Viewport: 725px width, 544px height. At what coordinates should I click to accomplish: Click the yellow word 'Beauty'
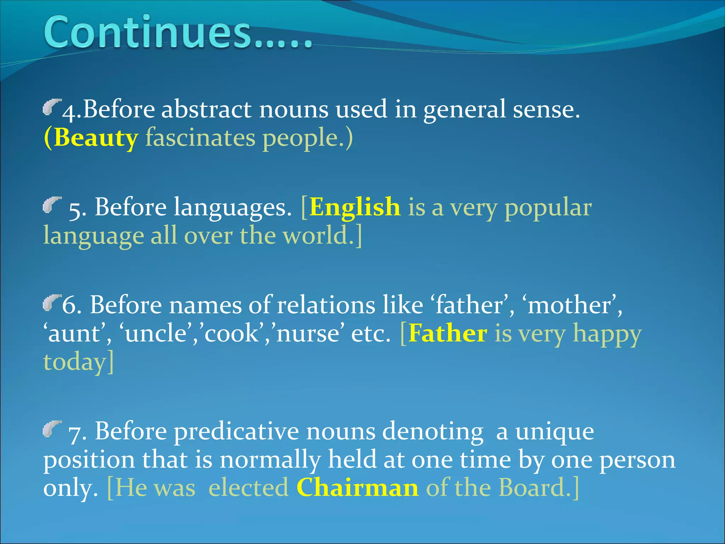(x=96, y=138)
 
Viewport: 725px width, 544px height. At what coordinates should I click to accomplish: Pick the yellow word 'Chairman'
(x=358, y=488)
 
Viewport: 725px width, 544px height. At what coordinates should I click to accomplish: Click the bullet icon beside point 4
(x=52, y=107)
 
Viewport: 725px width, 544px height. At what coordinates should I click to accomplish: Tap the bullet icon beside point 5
(x=52, y=205)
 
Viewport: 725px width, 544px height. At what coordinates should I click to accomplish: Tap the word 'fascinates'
(x=200, y=138)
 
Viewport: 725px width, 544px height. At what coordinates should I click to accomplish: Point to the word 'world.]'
(x=322, y=236)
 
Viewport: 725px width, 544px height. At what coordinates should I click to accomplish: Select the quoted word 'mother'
(x=571, y=305)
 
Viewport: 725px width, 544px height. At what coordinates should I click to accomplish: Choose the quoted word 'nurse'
(x=308, y=334)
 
